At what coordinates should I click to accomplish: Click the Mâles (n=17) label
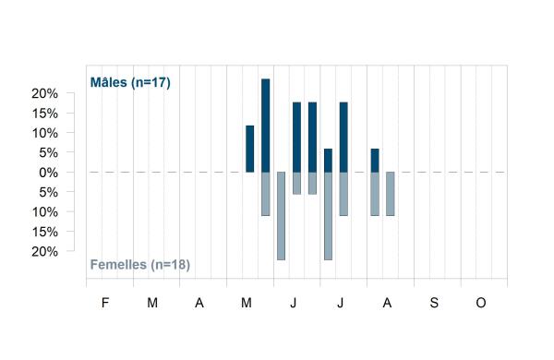pos(130,82)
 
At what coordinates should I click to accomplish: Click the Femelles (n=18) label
pos(140,265)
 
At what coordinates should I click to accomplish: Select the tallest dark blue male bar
pos(265,126)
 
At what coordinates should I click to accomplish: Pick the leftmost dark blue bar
pos(250,149)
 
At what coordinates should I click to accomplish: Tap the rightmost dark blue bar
pos(375,161)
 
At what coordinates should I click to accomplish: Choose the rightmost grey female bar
pos(391,194)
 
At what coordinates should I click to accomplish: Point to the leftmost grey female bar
pos(265,194)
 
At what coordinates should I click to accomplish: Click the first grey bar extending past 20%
pos(281,216)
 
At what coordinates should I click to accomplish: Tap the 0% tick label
pos(48,173)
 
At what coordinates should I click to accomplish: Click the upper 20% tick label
pos(44,93)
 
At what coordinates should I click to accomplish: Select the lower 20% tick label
pos(44,252)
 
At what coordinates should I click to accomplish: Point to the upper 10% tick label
pos(44,133)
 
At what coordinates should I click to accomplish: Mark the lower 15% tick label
pos(44,232)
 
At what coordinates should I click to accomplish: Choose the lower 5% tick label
pos(48,193)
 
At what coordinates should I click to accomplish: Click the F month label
pos(105,303)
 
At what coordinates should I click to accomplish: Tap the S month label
pos(434,303)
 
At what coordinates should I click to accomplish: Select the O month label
pos(481,303)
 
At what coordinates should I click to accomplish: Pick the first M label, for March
pos(152,303)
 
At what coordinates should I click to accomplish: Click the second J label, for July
pos(340,303)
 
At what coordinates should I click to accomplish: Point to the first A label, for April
pos(199,303)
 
